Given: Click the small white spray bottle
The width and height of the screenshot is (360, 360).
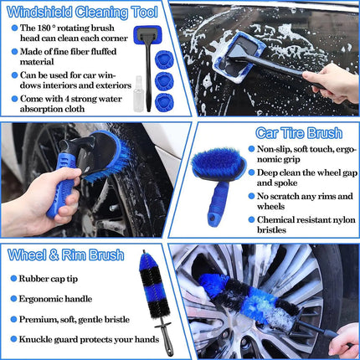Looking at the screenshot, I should tap(128, 85).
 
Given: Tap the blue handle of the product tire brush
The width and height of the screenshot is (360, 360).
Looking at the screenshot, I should tap(219, 207).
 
